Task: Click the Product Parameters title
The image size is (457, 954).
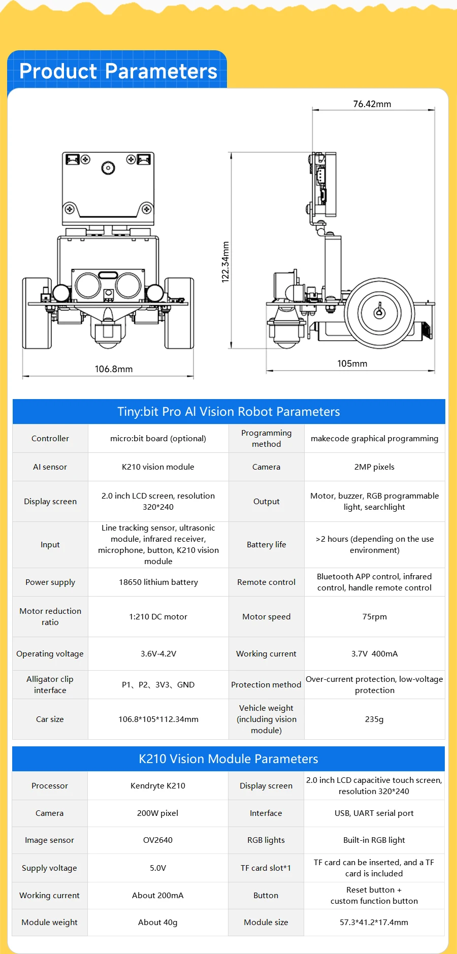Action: [118, 71]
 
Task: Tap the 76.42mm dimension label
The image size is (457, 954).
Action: [372, 104]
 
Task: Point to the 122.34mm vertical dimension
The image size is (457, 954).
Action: [225, 261]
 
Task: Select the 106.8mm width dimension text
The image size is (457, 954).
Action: [114, 369]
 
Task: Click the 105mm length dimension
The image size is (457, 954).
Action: [352, 364]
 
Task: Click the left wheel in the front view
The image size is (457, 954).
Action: [37, 313]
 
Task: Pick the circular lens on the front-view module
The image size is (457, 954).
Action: [108, 168]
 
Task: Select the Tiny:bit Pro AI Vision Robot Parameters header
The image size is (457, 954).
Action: [228, 412]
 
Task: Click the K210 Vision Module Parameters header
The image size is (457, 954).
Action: [228, 759]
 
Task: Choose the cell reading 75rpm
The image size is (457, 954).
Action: [374, 617]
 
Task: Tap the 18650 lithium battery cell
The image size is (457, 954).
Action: [158, 582]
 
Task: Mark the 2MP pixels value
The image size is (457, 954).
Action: [374, 467]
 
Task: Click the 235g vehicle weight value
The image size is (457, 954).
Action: [374, 719]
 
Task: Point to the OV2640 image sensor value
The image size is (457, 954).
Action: [158, 840]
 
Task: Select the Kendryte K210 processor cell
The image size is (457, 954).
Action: [158, 786]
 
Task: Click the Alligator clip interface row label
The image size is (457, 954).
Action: [50, 685]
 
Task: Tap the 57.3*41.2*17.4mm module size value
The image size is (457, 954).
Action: [374, 923]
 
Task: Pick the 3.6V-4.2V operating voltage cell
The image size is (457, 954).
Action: [158, 654]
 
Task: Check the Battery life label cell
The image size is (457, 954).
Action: [266, 545]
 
